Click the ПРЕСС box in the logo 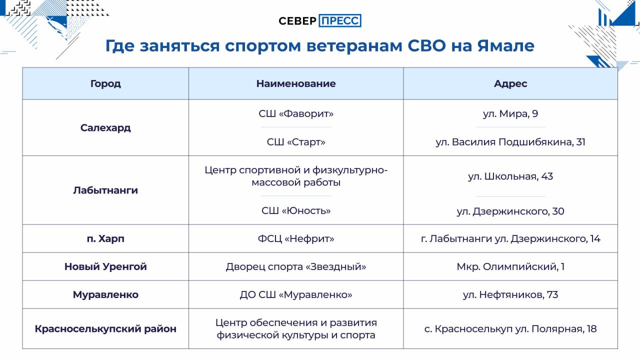pyautogui.click(x=340, y=20)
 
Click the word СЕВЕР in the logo pyautogui.click(x=297, y=21)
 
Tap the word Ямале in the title pyautogui.click(x=505, y=45)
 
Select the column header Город pyautogui.click(x=105, y=83)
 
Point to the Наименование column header pyautogui.click(x=296, y=83)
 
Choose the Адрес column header pyautogui.click(x=510, y=83)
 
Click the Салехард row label pyautogui.click(x=105, y=127)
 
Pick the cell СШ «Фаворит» pyautogui.click(x=296, y=113)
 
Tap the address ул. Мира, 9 pyautogui.click(x=510, y=113)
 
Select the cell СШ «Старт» pyautogui.click(x=296, y=142)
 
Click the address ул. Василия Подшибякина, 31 pyautogui.click(x=510, y=142)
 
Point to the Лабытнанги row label pyautogui.click(x=105, y=190)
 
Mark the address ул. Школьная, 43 pyautogui.click(x=510, y=176)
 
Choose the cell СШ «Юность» pyautogui.click(x=296, y=210)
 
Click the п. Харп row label pyautogui.click(x=105, y=238)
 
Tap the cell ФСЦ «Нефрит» pyautogui.click(x=296, y=238)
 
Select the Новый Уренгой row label pyautogui.click(x=105, y=266)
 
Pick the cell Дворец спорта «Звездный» pyautogui.click(x=296, y=266)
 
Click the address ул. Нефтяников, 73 pyautogui.click(x=510, y=294)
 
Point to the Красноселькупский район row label pyautogui.click(x=105, y=329)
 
